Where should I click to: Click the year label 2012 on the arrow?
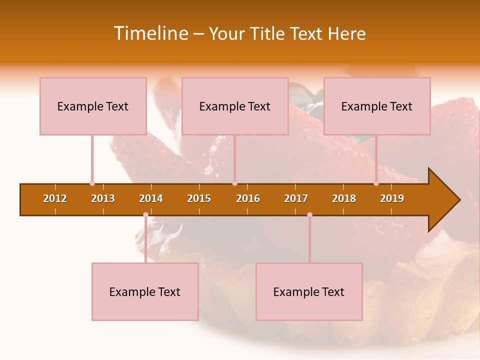(55, 198)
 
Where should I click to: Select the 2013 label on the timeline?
(103, 198)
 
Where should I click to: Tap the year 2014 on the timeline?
(151, 198)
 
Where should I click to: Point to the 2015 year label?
(199, 198)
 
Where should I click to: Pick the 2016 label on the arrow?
(248, 198)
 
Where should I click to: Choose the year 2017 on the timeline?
(296, 198)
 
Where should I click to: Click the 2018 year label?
(344, 198)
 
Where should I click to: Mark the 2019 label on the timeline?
(392, 198)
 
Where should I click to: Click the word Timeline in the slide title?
(150, 33)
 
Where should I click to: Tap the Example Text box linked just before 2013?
(93, 106)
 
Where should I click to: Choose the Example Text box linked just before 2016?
(235, 106)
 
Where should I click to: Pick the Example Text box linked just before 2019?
(377, 106)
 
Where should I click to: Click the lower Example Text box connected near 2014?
(145, 291)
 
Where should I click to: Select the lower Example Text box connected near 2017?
(309, 291)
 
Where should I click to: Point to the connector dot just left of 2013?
(92, 183)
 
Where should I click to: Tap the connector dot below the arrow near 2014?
(145, 215)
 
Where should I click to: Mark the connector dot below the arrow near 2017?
(309, 215)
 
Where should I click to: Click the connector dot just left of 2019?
(376, 183)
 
